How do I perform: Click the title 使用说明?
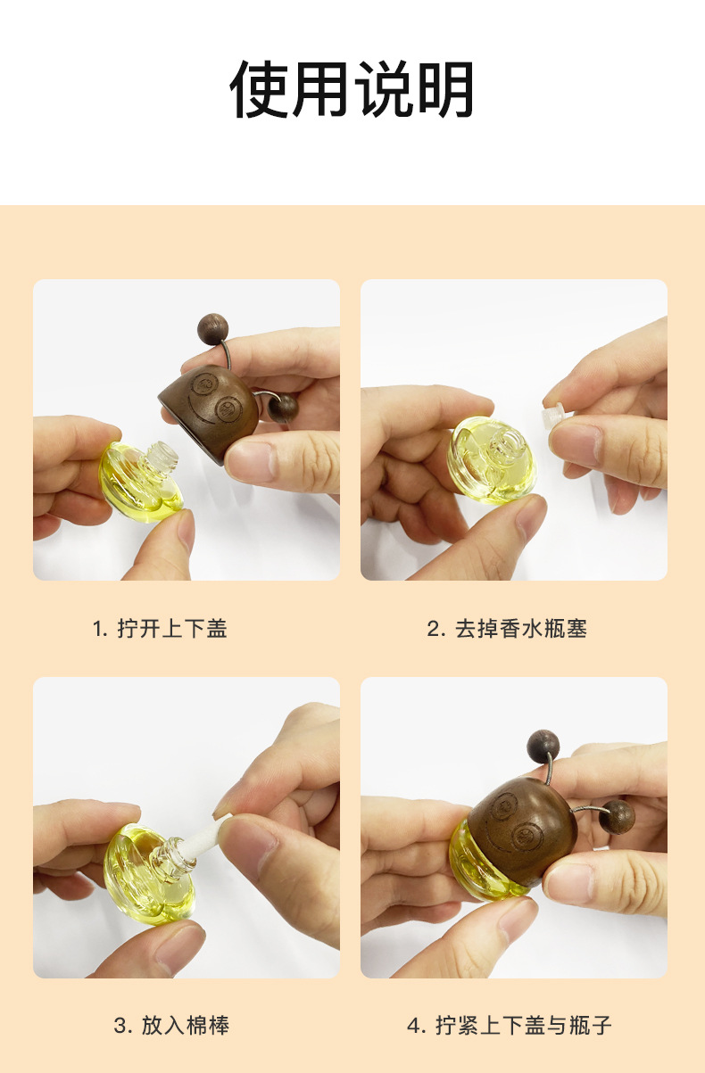tap(352, 89)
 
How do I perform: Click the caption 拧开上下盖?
tap(172, 629)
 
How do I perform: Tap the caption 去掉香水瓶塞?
tap(520, 629)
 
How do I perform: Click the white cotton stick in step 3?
tap(205, 833)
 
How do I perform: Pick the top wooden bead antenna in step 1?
tap(212, 328)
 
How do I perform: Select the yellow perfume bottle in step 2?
tap(492, 460)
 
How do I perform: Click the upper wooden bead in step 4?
tap(543, 747)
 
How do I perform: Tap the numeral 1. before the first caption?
tap(100, 629)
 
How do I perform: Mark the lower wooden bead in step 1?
tap(283, 409)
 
